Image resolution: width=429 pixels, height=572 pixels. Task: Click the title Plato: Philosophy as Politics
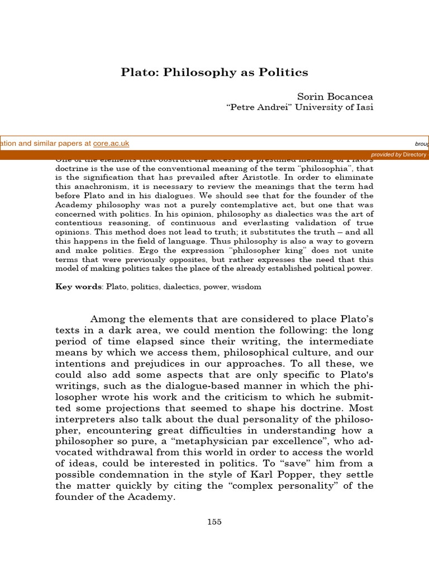(x=214, y=73)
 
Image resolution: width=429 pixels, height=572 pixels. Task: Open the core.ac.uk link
(x=111, y=144)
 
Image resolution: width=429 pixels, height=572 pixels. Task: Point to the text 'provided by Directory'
(x=398, y=155)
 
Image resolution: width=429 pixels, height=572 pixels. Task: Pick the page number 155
(x=214, y=522)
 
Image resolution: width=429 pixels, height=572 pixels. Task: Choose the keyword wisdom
(x=249, y=287)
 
